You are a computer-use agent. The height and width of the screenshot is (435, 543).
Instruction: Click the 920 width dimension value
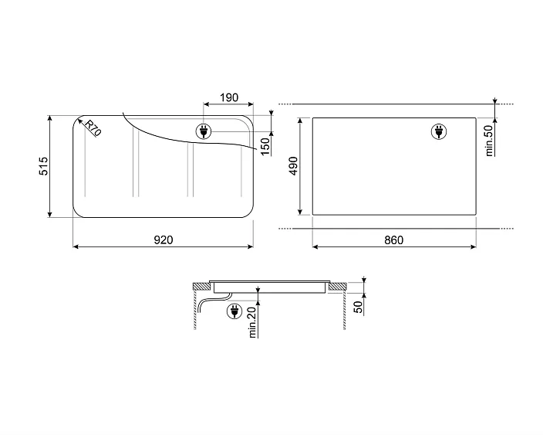pos(162,240)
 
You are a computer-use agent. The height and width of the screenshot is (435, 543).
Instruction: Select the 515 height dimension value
pos(43,166)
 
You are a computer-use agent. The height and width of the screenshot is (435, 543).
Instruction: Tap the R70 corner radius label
pos(93,129)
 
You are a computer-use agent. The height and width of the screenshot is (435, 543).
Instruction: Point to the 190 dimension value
pos(229,98)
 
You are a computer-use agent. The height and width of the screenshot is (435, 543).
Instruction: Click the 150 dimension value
pos(265,144)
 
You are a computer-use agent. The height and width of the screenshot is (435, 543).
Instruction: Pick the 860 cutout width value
pos(393,240)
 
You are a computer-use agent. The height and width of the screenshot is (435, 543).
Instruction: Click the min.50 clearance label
pos(489,141)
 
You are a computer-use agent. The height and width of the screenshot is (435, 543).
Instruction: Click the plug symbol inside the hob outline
pos(204,131)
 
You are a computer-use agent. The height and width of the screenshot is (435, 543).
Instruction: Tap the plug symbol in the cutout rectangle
pos(438,133)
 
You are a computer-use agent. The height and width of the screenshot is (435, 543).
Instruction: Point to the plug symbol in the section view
pos(232,311)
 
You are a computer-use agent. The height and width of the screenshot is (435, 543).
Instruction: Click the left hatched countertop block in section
pos(200,287)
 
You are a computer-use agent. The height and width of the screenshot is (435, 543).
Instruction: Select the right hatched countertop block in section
pos(338,287)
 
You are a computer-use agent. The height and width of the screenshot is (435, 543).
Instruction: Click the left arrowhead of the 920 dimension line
pos(76,247)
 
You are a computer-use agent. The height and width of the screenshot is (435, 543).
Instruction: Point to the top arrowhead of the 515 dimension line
pos(51,119)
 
